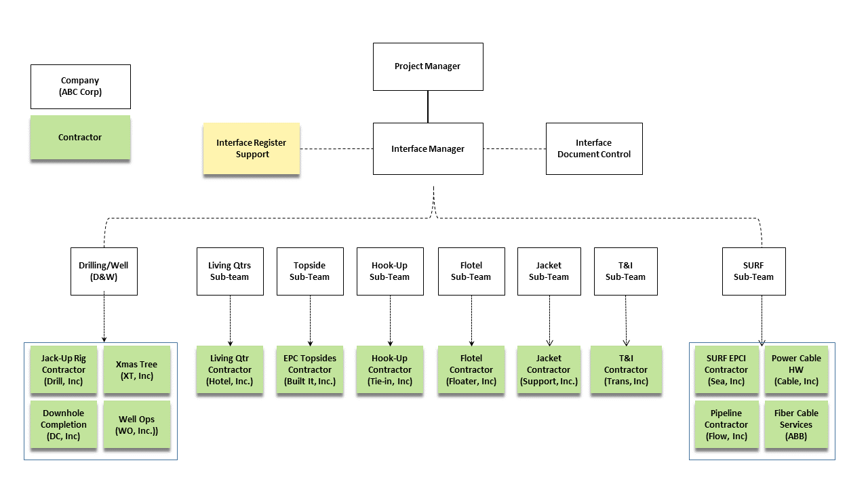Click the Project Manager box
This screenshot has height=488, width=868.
tap(428, 66)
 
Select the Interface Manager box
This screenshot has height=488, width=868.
tap(428, 148)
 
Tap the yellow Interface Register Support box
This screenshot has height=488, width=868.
tap(251, 148)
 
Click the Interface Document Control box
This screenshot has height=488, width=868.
tap(593, 148)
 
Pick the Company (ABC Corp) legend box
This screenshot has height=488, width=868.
tap(80, 86)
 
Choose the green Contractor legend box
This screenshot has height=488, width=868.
tap(80, 138)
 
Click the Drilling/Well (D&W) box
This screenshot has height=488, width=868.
tap(104, 271)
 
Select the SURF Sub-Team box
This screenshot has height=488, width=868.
tap(753, 271)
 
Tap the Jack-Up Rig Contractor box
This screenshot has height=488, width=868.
tap(64, 370)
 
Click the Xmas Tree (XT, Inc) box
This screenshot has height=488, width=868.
tap(136, 370)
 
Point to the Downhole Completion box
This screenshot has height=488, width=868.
tap(64, 425)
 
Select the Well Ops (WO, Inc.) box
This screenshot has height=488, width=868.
tap(136, 425)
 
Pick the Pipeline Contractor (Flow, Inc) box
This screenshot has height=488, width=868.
tap(726, 425)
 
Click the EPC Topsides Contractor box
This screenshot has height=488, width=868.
tap(310, 370)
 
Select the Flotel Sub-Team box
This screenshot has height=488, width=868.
tap(471, 271)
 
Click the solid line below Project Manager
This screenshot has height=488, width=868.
tap(428, 106)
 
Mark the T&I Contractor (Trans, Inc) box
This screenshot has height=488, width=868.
tap(626, 370)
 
